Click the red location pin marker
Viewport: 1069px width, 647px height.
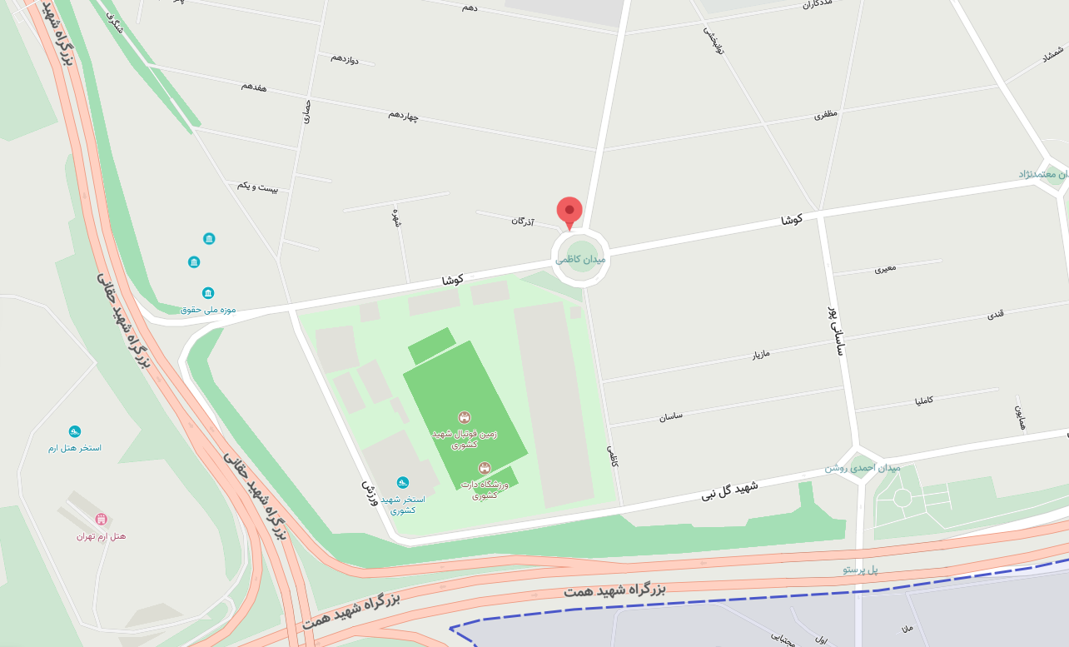[x=569, y=212]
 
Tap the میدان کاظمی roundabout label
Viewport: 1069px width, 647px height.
[x=581, y=259]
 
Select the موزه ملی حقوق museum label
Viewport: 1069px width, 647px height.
[x=208, y=309]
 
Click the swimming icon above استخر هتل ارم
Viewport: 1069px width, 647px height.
[x=75, y=431]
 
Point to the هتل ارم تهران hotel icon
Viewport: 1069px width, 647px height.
[x=102, y=520]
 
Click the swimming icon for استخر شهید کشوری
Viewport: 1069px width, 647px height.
[x=403, y=482]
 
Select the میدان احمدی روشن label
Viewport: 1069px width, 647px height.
[x=863, y=467]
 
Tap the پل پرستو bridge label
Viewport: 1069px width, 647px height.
[x=860, y=570]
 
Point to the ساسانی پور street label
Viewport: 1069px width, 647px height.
[x=836, y=331]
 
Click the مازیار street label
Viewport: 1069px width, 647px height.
[x=761, y=354]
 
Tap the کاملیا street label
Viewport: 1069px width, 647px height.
[x=924, y=401]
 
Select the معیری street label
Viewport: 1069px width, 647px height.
[x=885, y=269]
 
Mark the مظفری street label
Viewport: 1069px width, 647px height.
[x=826, y=114]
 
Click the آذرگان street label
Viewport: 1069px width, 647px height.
[x=523, y=221]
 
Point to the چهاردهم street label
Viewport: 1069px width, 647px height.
[x=404, y=114]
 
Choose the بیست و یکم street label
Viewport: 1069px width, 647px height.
[x=257, y=185]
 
